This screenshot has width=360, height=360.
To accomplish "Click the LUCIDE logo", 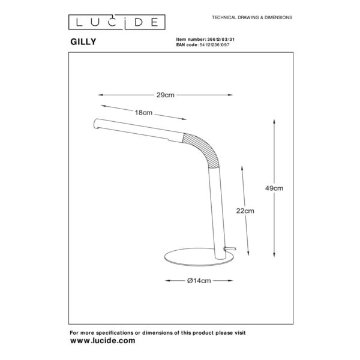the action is click(x=116, y=22).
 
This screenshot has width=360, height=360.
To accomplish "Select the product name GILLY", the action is click(x=83, y=42).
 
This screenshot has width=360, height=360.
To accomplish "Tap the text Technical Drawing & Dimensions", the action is click(x=252, y=17).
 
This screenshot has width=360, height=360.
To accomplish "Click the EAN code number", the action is click(x=214, y=45).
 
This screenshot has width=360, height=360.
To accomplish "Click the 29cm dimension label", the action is click(x=166, y=95).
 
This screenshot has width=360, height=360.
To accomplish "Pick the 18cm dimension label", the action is click(x=143, y=113).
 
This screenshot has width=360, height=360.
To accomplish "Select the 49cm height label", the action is click(x=274, y=188).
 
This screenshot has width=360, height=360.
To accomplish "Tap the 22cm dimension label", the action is click(x=245, y=211).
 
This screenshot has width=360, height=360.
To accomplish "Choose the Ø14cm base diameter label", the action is click(x=199, y=281).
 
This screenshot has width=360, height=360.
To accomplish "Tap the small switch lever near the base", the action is click(x=230, y=248).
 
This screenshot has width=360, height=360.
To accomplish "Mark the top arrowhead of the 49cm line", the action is click(x=274, y=121).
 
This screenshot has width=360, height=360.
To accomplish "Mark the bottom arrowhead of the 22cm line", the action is click(x=248, y=253).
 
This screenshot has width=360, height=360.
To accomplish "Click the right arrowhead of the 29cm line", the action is click(x=230, y=95).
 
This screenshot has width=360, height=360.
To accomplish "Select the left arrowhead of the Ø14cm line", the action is click(x=168, y=281).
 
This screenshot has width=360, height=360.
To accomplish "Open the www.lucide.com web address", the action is click(x=103, y=340).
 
